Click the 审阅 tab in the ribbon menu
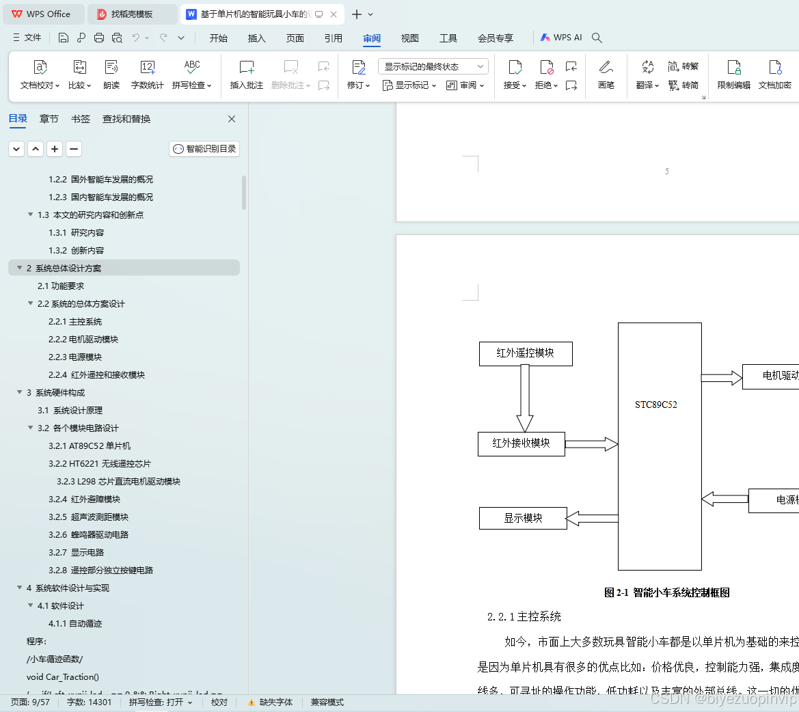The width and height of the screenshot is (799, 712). [x=372, y=38]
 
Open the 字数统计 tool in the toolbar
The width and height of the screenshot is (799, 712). [x=147, y=74]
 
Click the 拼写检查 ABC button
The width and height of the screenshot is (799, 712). [x=192, y=74]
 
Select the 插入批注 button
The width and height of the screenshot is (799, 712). [x=247, y=74]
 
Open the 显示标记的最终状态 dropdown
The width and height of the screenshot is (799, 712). [x=433, y=66]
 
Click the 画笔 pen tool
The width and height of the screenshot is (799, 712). [x=606, y=74]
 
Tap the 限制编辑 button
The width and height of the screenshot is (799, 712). [x=733, y=74]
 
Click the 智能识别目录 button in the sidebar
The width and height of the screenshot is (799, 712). [x=204, y=149]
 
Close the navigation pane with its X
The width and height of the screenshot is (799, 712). [x=232, y=119]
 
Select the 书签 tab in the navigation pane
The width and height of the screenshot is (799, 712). [x=81, y=119]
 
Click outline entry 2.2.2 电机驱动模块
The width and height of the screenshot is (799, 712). [x=83, y=340]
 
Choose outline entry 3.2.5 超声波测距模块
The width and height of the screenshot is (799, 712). [x=89, y=517]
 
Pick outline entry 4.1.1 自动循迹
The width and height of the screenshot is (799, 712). [x=75, y=624]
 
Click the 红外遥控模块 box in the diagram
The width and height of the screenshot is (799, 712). [x=526, y=353]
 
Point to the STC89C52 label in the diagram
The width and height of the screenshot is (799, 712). [x=656, y=405]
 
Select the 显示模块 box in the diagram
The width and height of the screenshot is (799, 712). [x=523, y=518]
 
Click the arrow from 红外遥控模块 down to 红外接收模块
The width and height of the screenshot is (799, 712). [x=525, y=398]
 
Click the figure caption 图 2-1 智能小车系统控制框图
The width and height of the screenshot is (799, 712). [x=666, y=592]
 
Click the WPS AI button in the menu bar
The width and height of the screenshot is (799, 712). [x=561, y=38]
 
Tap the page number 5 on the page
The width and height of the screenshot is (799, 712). [x=667, y=172]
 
